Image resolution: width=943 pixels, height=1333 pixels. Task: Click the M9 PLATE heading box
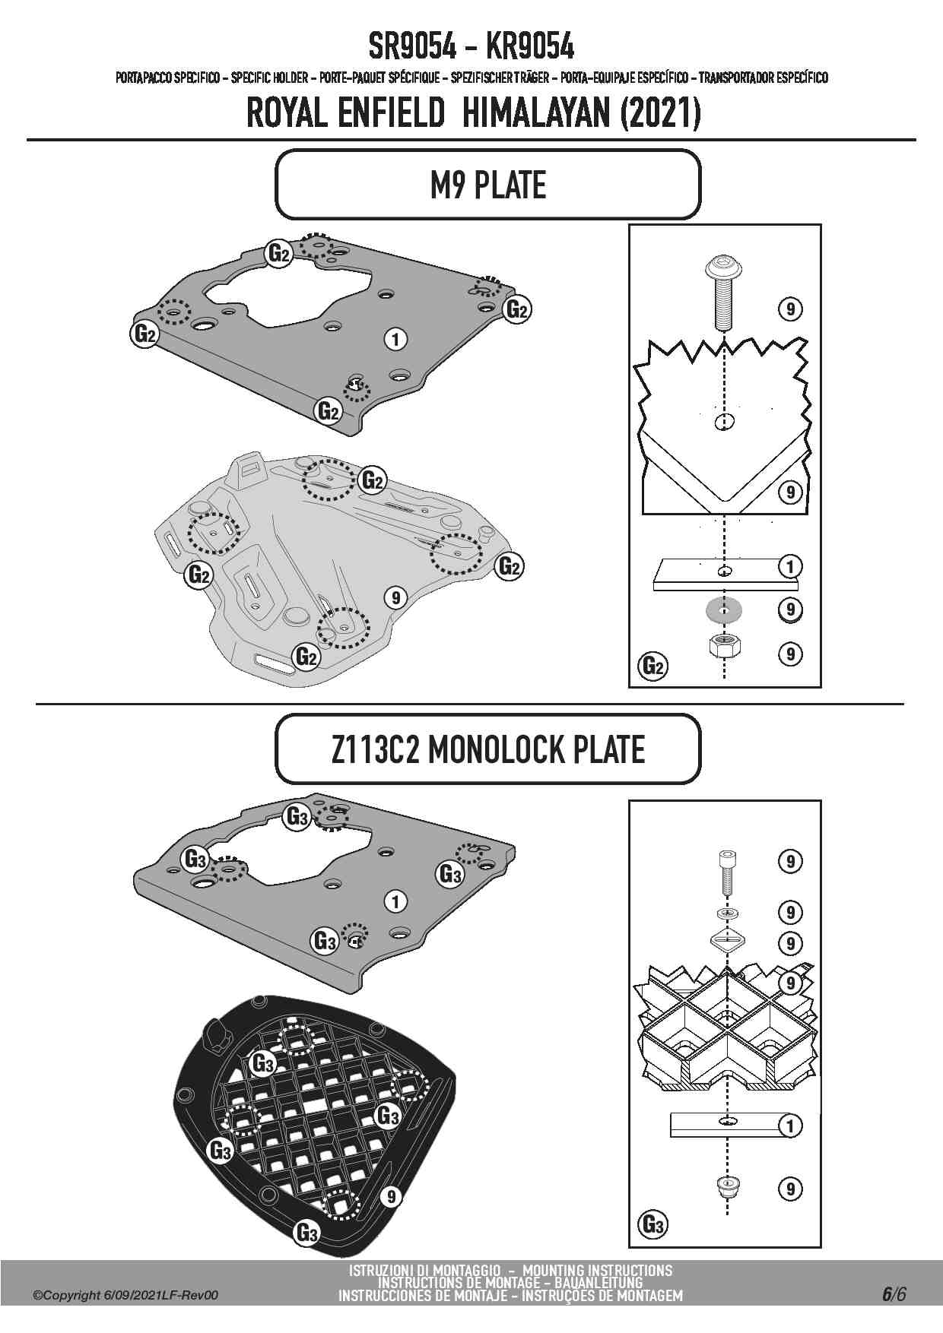487,185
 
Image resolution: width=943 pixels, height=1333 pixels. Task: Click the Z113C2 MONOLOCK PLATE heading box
487,749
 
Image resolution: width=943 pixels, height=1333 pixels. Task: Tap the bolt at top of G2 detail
723,292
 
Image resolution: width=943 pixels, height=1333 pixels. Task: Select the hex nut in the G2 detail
724,648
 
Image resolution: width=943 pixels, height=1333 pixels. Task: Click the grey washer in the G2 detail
724,610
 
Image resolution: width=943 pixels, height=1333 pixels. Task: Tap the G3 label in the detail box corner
653,1224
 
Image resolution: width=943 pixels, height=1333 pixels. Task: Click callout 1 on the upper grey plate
395,338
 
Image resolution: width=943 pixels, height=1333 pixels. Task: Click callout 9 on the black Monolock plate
389,1197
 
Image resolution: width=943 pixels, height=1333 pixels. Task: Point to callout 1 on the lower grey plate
395,901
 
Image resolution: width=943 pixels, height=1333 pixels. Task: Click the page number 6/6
894,1293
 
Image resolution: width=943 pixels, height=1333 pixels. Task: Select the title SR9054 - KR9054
471,47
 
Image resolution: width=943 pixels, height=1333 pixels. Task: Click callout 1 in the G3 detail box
791,1126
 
